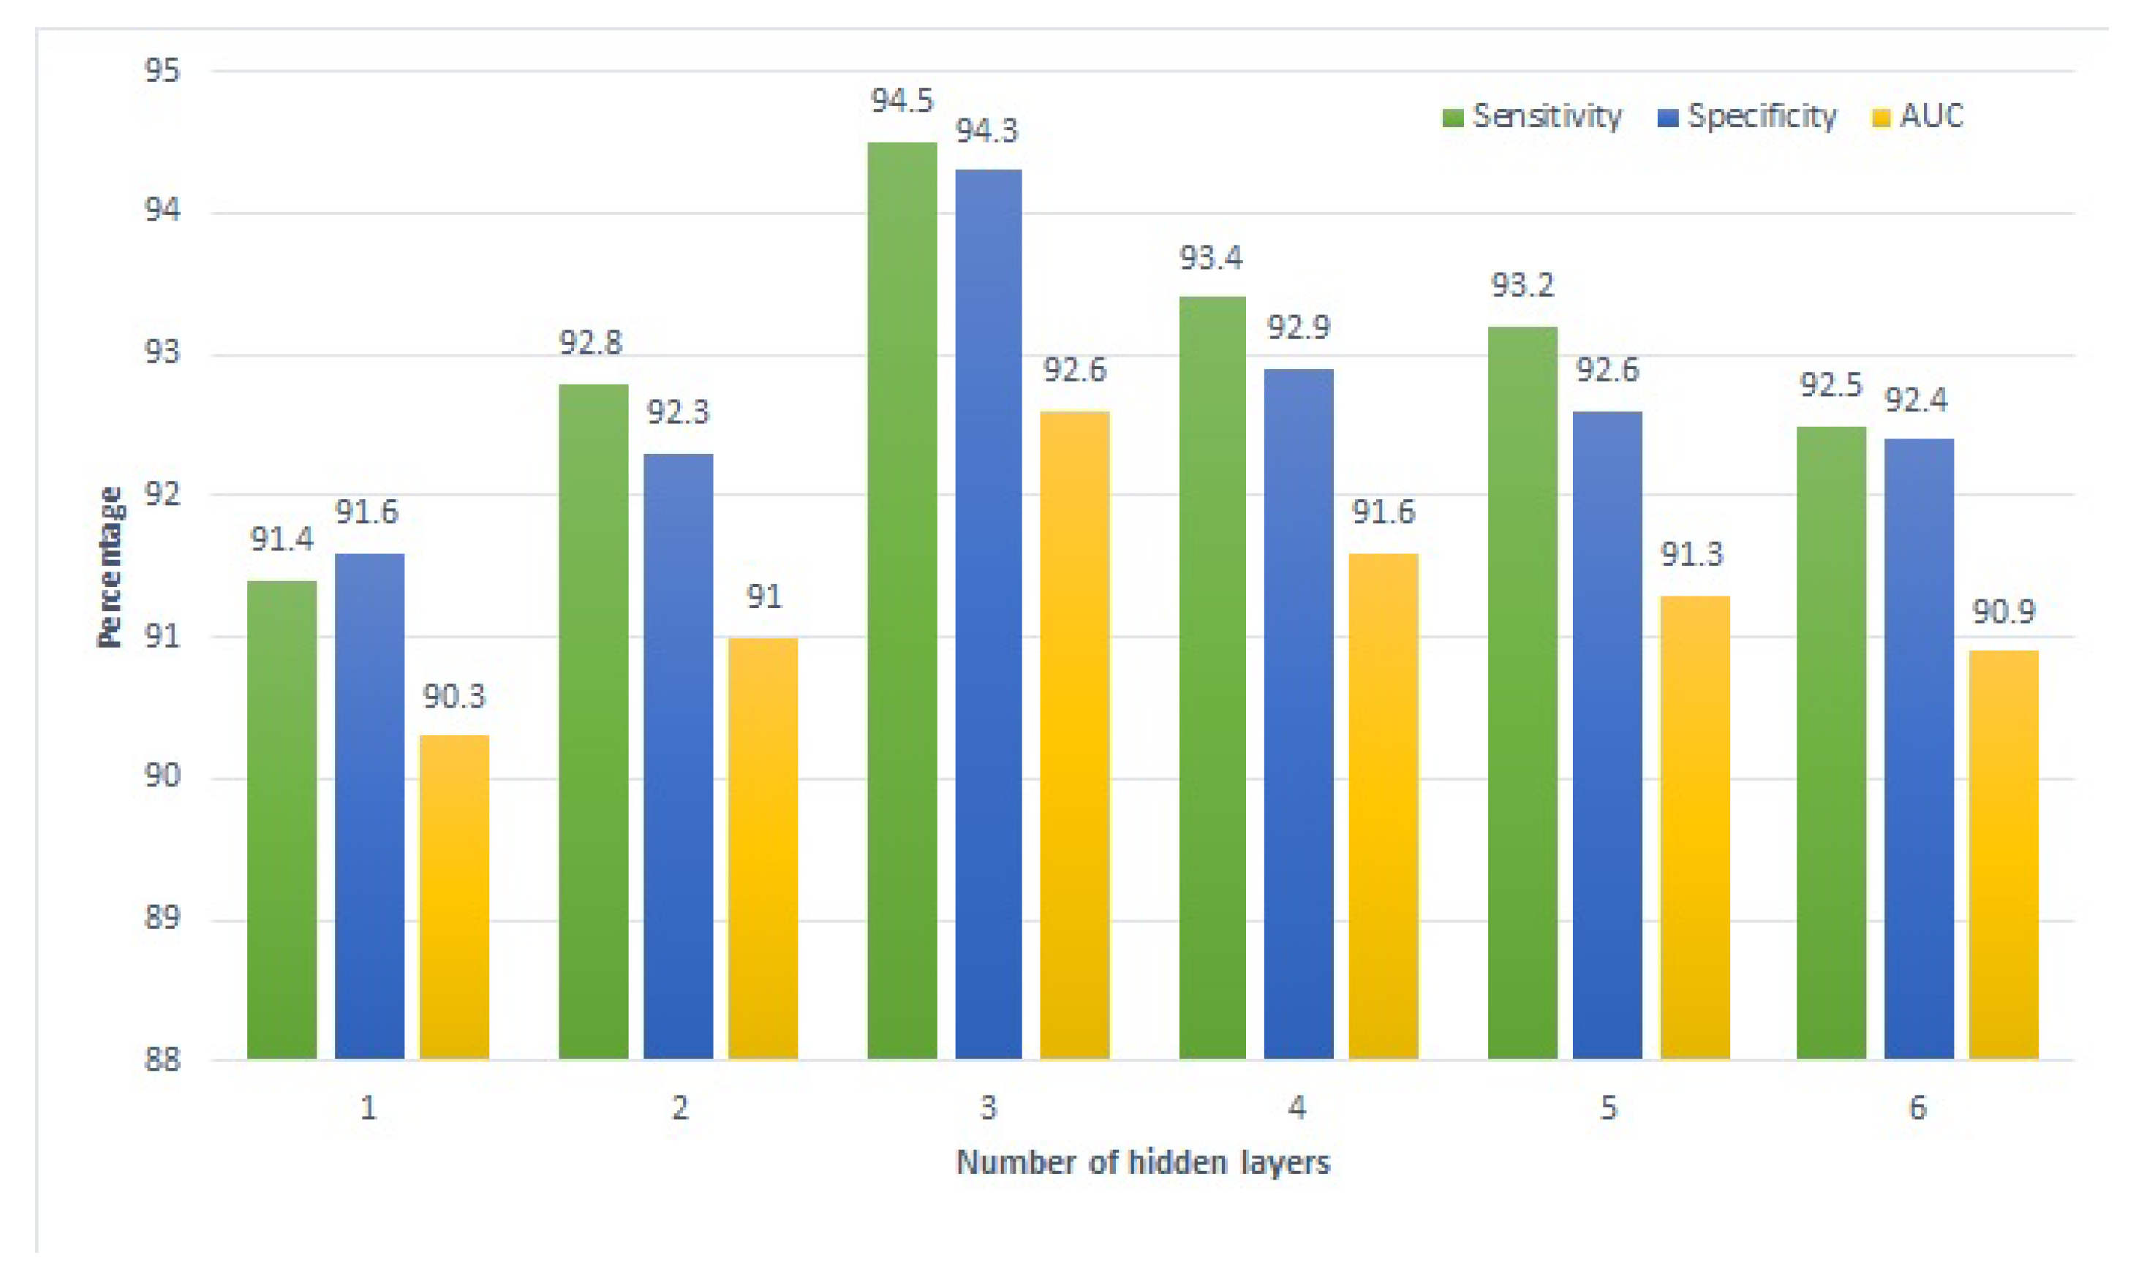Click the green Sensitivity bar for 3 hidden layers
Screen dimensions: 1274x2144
pyautogui.click(x=902, y=601)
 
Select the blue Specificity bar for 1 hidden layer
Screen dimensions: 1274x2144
pyautogui.click(x=369, y=807)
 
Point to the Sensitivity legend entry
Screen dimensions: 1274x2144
pyautogui.click(x=1533, y=116)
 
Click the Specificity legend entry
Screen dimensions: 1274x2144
pyautogui.click(x=1748, y=116)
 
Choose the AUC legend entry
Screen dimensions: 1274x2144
pyautogui.click(x=1918, y=116)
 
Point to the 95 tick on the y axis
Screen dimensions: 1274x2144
pyautogui.click(x=162, y=70)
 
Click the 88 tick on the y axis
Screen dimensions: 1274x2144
pyautogui.click(x=162, y=1061)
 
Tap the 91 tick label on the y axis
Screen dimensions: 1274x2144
pyautogui.click(x=162, y=637)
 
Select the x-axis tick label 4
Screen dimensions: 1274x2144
pyautogui.click(x=1297, y=1108)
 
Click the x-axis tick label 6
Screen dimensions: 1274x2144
pyautogui.click(x=1917, y=1108)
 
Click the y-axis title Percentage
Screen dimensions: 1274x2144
pyautogui.click(x=109, y=566)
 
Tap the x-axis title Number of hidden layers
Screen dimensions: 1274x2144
pyautogui.click(x=1143, y=1162)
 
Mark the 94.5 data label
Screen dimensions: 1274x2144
pyautogui.click(x=902, y=100)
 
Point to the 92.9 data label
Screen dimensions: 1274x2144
pyautogui.click(x=1298, y=327)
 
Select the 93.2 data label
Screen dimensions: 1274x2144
pyautogui.click(x=1522, y=285)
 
